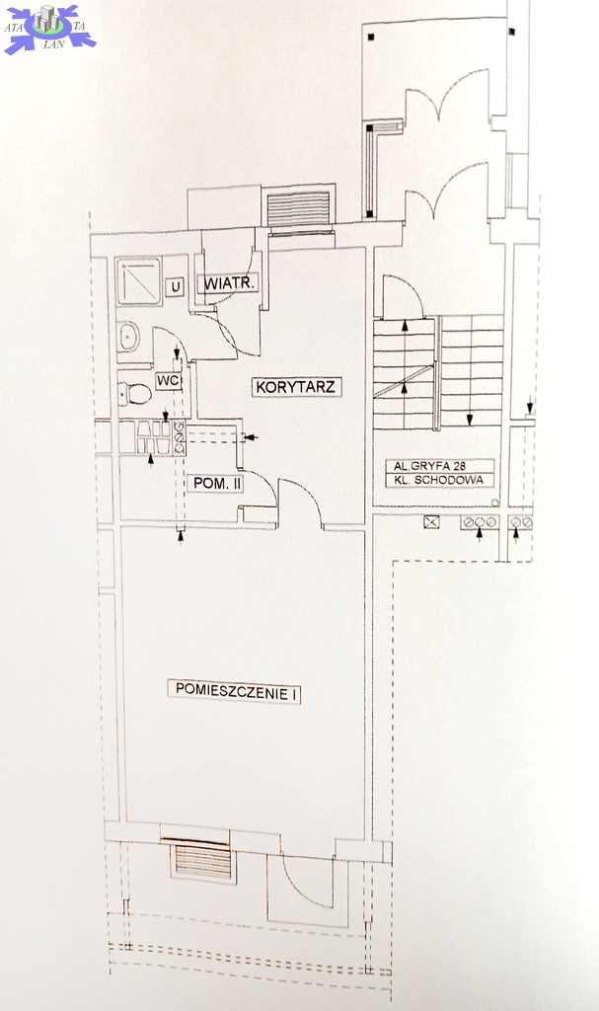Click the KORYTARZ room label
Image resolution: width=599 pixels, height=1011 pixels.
[296, 387]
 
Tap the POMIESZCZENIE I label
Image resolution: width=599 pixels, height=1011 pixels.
[235, 690]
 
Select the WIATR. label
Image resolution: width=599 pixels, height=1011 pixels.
[230, 283]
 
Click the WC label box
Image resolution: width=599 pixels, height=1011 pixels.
[168, 381]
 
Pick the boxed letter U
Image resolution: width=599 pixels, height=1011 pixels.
[175, 286]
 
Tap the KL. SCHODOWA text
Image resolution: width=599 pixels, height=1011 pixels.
[439, 480]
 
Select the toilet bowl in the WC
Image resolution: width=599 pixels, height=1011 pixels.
[134, 393]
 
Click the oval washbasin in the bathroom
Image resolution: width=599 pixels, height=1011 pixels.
[129, 337]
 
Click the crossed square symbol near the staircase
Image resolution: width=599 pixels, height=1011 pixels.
[431, 521]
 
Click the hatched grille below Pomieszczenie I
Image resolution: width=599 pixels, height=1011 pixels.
[203, 861]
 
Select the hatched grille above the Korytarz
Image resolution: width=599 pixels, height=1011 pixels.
[298, 208]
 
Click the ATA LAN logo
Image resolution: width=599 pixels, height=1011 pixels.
[49, 29]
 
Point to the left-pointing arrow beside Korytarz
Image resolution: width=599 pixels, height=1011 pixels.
[251, 437]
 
